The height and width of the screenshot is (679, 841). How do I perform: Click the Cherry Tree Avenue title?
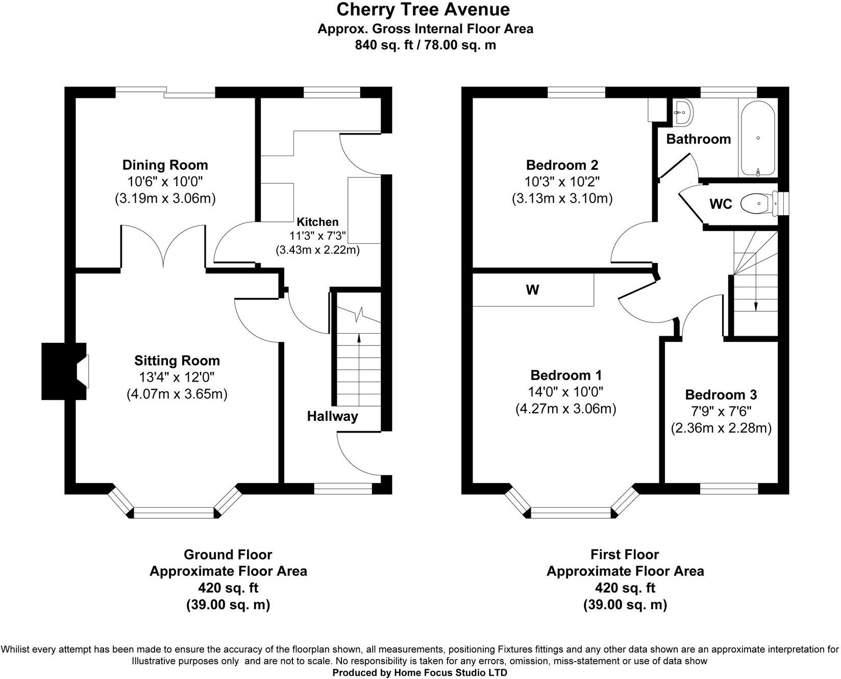[x=423, y=10]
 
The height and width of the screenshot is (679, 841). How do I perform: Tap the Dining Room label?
[x=165, y=165]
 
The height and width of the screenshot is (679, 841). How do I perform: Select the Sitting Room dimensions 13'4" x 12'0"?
[x=177, y=378]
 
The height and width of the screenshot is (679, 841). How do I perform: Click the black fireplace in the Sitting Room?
[x=59, y=371]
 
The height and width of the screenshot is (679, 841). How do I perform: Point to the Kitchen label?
[x=317, y=222]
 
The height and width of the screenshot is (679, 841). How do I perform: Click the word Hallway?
[x=332, y=416]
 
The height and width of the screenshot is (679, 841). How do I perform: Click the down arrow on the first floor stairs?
[x=756, y=305]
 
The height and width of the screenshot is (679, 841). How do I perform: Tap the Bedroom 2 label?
[x=562, y=165]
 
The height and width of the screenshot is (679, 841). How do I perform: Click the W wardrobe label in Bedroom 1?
[x=532, y=290]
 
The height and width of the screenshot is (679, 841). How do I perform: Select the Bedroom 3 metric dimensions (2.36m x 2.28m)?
[x=721, y=428]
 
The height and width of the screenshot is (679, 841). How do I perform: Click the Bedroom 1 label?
[x=566, y=375]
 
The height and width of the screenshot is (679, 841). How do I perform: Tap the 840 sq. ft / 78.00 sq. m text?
[x=425, y=45]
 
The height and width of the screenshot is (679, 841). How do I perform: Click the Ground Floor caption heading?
[x=228, y=555]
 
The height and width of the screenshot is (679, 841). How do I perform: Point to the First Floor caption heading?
[x=625, y=555]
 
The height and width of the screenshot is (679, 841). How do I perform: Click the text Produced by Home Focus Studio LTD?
[x=419, y=673]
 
